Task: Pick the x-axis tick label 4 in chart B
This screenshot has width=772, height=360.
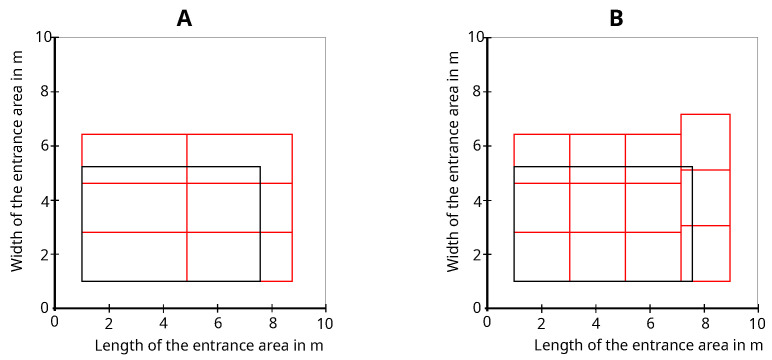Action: [595, 324]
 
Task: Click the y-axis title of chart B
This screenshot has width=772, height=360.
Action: [453, 172]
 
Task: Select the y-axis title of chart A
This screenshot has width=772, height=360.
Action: [17, 172]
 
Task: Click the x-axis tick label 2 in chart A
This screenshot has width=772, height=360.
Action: [109, 324]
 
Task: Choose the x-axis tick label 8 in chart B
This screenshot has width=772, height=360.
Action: [703, 324]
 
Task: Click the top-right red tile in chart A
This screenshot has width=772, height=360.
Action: [239, 158]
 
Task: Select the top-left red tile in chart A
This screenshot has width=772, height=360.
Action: [134, 158]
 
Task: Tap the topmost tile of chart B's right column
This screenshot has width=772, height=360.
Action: [705, 142]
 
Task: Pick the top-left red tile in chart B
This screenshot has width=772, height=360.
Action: [541, 158]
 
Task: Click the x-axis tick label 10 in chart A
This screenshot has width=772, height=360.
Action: [324, 324]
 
